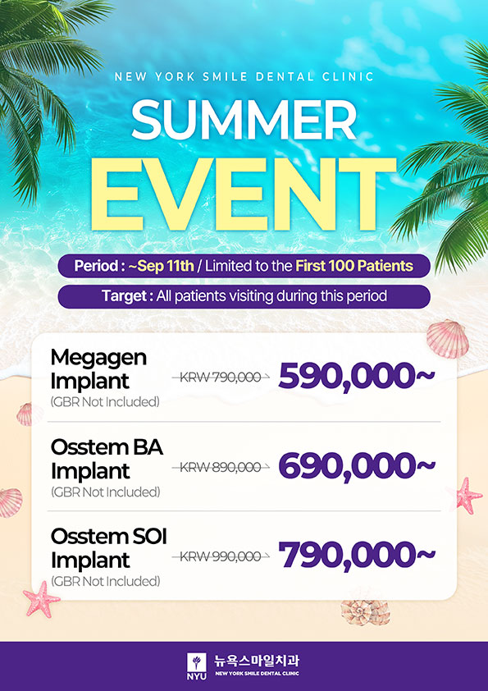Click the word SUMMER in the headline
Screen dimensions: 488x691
pyautogui.click(x=244, y=120)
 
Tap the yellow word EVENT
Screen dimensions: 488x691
pyautogui.click(x=244, y=194)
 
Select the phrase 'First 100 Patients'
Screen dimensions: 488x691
pyautogui.click(x=354, y=266)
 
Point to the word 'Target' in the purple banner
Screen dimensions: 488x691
pyautogui.click(x=124, y=295)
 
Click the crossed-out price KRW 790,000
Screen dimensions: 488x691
pyautogui.click(x=221, y=378)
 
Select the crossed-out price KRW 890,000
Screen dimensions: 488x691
pyautogui.click(x=221, y=467)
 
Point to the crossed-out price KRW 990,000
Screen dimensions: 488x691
pyautogui.click(x=221, y=556)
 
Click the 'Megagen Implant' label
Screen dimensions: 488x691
pyautogui.click(x=98, y=369)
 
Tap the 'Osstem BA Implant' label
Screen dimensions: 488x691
pyautogui.click(x=107, y=460)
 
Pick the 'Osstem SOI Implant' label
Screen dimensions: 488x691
pyautogui.click(x=109, y=549)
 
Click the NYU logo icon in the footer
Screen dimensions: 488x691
pyautogui.click(x=197, y=666)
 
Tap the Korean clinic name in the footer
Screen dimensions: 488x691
pyautogui.click(x=257, y=661)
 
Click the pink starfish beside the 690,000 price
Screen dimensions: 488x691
pyautogui.click(x=468, y=496)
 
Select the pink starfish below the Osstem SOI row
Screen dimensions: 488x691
pyautogui.click(x=41, y=599)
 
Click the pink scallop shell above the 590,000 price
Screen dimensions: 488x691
pyautogui.click(x=447, y=338)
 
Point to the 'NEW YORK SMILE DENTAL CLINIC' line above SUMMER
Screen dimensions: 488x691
pyautogui.click(x=244, y=76)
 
